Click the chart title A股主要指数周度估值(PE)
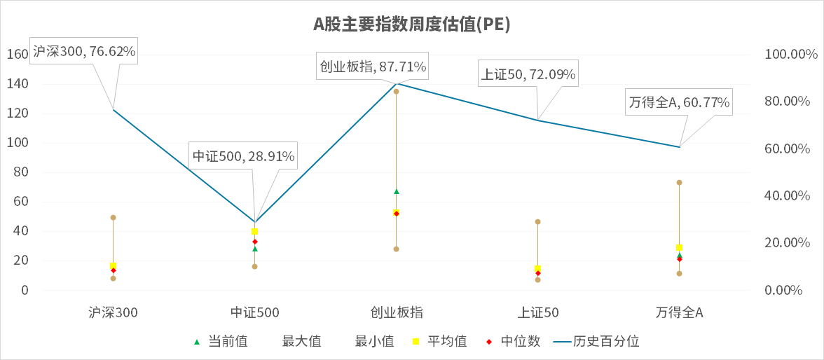coord(411,25)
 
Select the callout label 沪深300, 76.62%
coord(84,51)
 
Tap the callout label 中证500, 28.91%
coord(243,156)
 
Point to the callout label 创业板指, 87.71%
coord(373,67)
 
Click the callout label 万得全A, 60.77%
coord(679,103)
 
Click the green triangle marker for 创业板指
coord(396,191)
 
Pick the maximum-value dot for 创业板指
coord(396,92)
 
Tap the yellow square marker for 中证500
coord(254,231)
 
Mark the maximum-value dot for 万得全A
coord(679,183)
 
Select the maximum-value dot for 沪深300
coord(113,218)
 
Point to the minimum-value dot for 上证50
coord(537,279)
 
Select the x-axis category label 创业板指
coord(396,312)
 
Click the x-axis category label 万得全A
coord(679,312)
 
